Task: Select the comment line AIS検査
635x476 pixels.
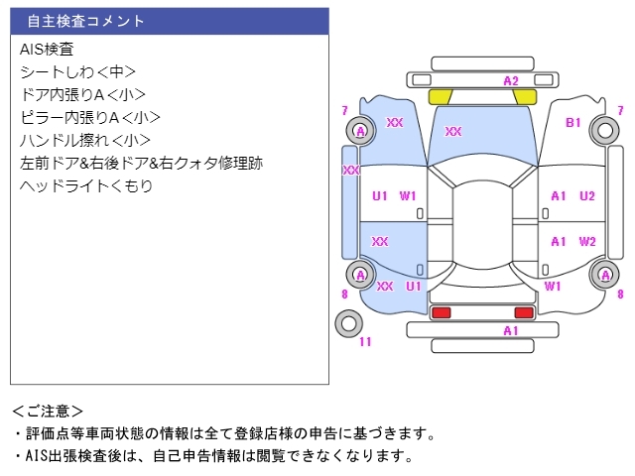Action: point(47,49)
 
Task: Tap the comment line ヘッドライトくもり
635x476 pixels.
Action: point(86,185)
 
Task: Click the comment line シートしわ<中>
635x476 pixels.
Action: point(77,71)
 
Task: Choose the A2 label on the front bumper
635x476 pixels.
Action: point(511,80)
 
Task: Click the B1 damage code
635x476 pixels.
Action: point(573,123)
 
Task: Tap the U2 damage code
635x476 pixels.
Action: point(587,195)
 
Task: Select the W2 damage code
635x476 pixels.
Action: point(587,241)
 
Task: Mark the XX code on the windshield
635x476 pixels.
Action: point(453,131)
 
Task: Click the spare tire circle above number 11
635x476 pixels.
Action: point(348,322)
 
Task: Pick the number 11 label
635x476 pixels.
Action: point(365,342)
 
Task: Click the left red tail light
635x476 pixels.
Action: point(442,313)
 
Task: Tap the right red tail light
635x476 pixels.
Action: point(523,313)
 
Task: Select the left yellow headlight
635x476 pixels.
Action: point(441,96)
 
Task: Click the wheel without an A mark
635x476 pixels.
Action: point(603,130)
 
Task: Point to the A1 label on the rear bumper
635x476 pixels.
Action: point(511,330)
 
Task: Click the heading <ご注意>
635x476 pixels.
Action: point(49,411)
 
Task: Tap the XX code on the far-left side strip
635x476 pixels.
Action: point(350,171)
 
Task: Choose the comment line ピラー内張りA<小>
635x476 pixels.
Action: point(89,117)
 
